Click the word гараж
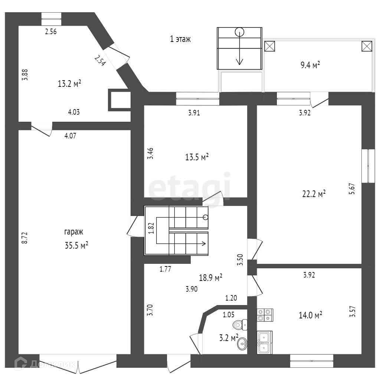tap(73, 232)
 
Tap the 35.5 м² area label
tap(76, 245)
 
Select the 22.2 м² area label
tap(314, 193)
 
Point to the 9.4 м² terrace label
tap(310, 66)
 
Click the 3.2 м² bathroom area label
tap(228, 338)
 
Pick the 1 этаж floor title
tap(180, 39)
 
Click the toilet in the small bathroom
tap(240, 325)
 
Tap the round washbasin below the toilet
tap(242, 344)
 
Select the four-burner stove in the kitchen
tap(265, 315)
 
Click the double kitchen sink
tap(265, 343)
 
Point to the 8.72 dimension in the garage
tap(25, 237)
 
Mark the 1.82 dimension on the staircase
tap(151, 228)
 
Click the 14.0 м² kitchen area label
tap(310, 316)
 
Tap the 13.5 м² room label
tap(197, 157)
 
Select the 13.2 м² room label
tap(69, 84)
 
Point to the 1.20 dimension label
tap(231, 298)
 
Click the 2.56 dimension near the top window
tap(50, 32)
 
